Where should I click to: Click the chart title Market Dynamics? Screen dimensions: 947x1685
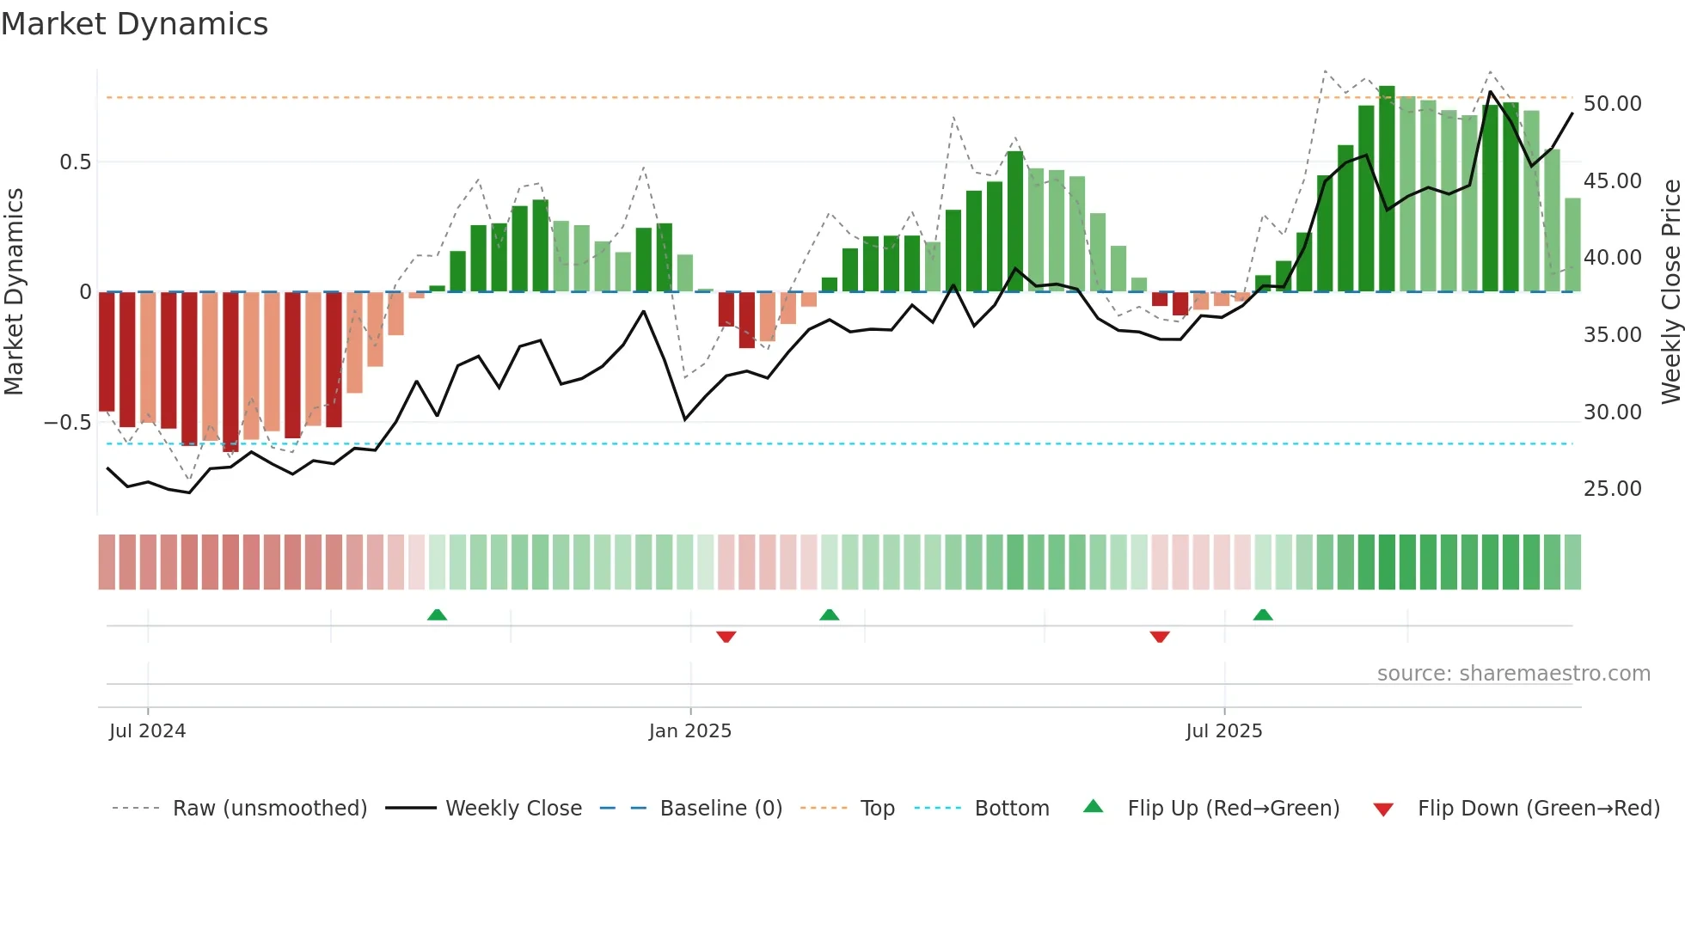135,24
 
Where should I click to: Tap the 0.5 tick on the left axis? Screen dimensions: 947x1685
75,162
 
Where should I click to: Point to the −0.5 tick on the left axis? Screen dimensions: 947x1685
68,423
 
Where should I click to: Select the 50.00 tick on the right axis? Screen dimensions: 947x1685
1612,104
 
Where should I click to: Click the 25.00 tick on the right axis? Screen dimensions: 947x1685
1612,489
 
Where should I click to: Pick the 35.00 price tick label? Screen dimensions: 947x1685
1612,335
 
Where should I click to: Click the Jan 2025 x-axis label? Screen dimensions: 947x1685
689,731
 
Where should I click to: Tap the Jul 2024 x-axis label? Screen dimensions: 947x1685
147,731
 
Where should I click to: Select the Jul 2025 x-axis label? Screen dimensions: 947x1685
1223,731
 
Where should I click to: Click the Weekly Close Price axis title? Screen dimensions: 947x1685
1670,292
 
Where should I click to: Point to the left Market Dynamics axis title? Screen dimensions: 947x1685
14,292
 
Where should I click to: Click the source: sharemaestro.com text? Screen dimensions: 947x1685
1513,674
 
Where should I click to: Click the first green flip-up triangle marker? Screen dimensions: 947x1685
437,614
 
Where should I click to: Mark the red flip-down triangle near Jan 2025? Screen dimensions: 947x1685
726,637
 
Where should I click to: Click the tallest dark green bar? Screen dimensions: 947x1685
1387,189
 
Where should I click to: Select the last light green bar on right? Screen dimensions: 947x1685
1572,245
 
